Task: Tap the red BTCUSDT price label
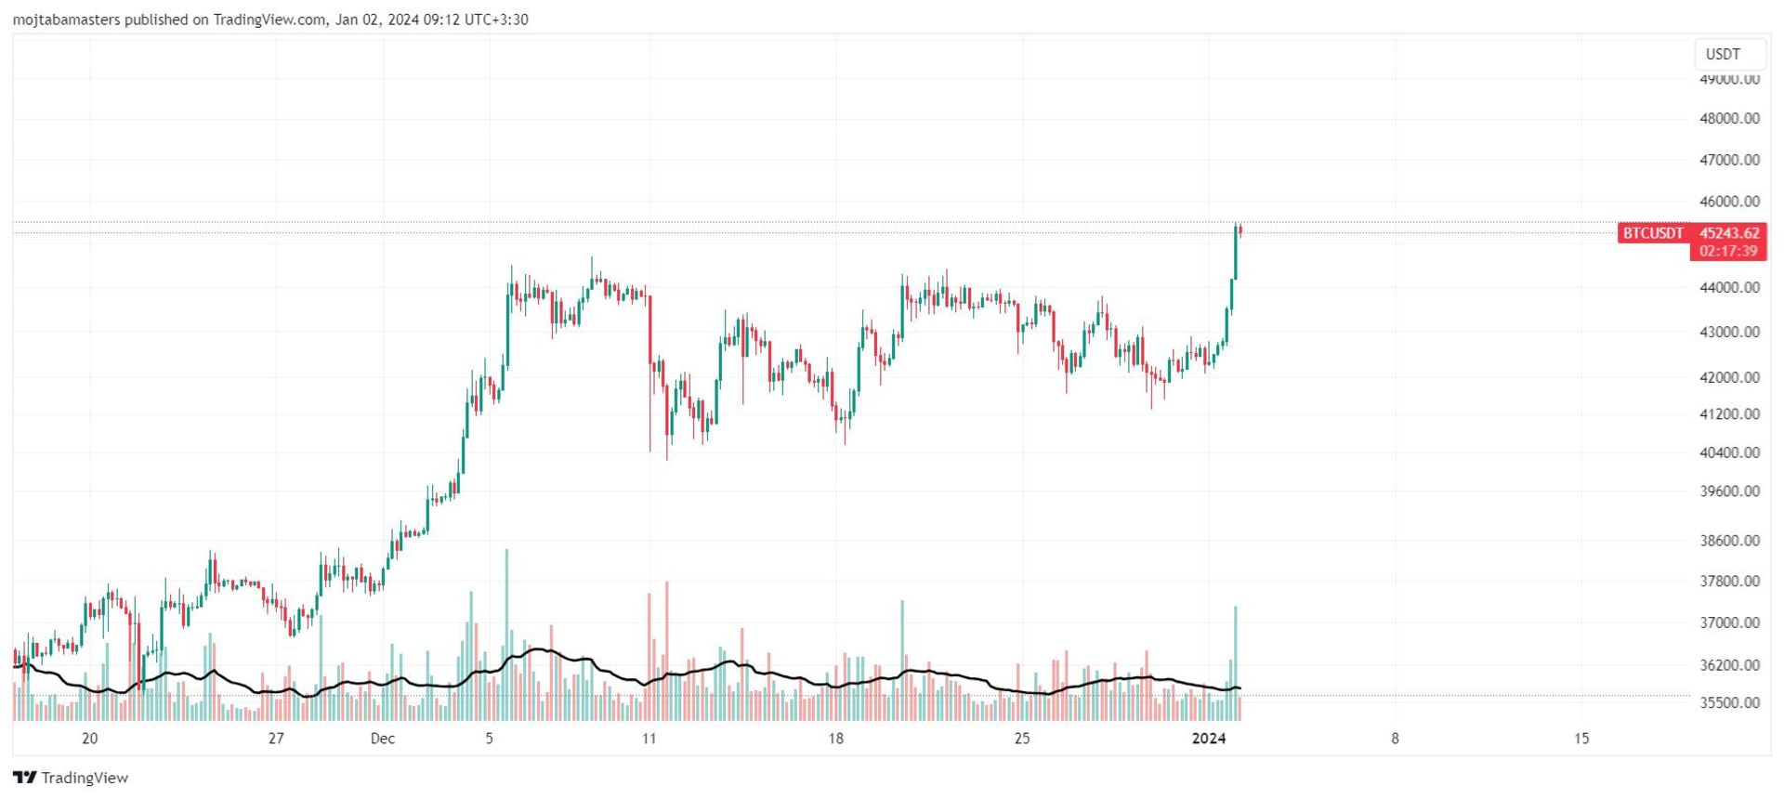[1653, 233]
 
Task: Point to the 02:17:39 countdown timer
[1728, 251]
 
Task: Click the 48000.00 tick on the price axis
[1729, 118]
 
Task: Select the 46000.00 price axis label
[1729, 201]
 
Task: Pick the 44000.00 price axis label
[1729, 287]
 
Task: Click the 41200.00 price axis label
[1729, 413]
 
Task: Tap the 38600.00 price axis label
[1729, 540]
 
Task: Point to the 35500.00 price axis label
[1729, 702]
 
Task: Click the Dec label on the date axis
[382, 739]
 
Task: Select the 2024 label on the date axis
[1209, 739]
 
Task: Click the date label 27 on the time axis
[276, 739]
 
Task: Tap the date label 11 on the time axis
[649, 739]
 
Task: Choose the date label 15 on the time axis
[1581, 739]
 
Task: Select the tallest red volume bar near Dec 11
[667, 650]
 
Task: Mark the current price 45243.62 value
[1729, 233]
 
